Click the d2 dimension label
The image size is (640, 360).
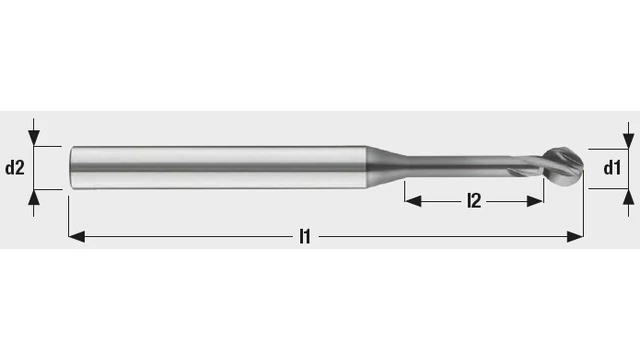pos(15,168)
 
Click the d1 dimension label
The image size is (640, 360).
pos(612,168)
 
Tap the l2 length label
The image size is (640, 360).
pos(474,201)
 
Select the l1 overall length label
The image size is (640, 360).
pos(305,236)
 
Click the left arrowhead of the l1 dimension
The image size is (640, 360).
pos(77,236)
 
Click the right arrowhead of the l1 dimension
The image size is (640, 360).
pos(576,236)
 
